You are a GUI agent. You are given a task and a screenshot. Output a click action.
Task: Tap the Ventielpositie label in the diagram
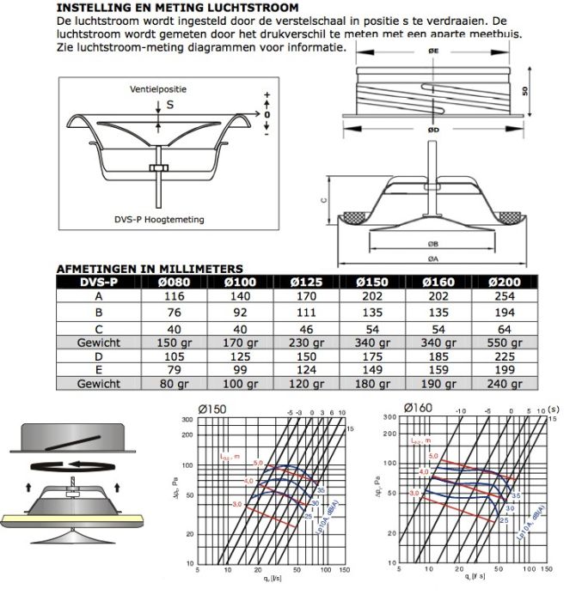(x=159, y=89)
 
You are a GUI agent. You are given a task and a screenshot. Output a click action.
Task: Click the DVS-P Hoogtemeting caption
(x=159, y=220)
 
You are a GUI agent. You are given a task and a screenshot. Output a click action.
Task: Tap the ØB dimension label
(x=432, y=244)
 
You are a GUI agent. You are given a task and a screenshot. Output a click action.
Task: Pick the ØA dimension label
(x=432, y=258)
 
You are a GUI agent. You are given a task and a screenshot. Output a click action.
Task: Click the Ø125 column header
(x=307, y=282)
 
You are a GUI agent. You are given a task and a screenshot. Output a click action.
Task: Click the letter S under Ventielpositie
(x=169, y=105)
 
